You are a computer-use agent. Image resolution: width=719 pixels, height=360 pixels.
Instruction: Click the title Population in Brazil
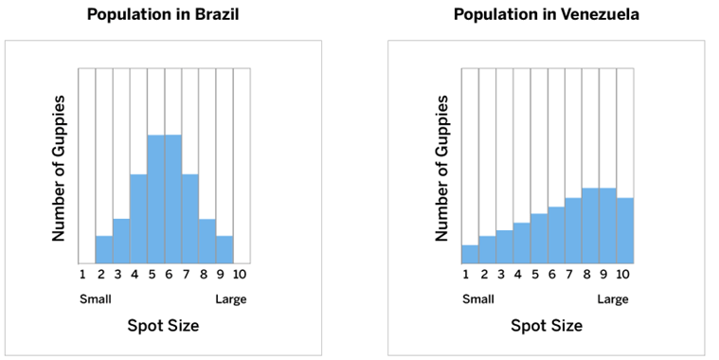click(163, 14)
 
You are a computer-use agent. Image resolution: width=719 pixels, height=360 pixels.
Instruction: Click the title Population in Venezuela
click(547, 14)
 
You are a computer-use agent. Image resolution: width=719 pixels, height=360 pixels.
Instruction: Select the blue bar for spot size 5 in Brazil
click(156, 199)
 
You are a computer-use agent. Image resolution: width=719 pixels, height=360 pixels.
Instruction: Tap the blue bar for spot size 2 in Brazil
click(104, 249)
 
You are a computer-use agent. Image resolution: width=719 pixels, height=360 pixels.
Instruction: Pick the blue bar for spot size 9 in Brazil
click(225, 249)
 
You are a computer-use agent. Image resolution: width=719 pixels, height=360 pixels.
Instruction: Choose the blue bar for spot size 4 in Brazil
click(138, 219)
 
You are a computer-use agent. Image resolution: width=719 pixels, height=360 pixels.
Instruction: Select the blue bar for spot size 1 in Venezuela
click(470, 254)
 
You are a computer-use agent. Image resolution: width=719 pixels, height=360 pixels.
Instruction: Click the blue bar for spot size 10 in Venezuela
click(625, 230)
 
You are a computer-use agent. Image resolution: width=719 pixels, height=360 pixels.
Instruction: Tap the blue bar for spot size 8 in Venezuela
click(590, 225)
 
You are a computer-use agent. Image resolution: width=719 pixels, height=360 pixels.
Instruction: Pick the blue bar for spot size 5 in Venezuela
click(539, 239)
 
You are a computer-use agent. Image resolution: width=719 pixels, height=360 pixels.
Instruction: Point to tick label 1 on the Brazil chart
click(82, 274)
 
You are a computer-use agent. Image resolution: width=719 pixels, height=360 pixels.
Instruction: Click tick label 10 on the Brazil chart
click(239, 274)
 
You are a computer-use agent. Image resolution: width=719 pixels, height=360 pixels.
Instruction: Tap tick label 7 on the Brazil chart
click(187, 274)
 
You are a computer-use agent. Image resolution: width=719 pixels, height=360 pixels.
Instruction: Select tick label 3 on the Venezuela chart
click(501, 274)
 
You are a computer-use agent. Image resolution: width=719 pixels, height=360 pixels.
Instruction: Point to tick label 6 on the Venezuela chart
click(551, 274)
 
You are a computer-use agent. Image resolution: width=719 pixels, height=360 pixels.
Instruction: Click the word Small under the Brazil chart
click(96, 299)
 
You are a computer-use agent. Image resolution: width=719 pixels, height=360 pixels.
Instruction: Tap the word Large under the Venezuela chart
click(613, 300)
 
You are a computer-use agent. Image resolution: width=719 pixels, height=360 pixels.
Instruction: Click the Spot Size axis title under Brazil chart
click(163, 326)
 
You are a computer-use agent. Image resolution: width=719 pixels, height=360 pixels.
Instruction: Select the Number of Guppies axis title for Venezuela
click(441, 169)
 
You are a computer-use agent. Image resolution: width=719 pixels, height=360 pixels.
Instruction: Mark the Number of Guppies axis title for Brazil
click(58, 169)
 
